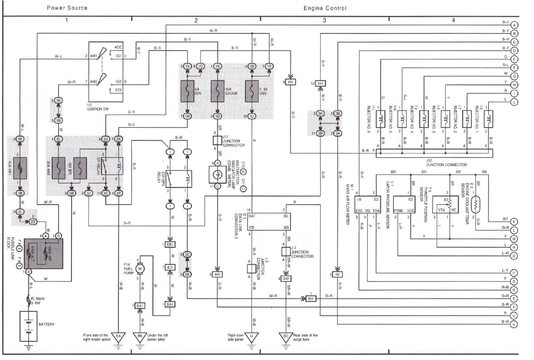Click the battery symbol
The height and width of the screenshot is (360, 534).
29,326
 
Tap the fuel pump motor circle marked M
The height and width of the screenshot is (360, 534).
140,267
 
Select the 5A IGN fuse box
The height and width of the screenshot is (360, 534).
187,90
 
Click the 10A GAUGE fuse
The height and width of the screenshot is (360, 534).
218,90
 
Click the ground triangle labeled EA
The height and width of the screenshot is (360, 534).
118,336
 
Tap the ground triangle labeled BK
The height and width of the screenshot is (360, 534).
140,336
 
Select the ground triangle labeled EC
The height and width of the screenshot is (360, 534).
286,336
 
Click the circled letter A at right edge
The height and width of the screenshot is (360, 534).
514,24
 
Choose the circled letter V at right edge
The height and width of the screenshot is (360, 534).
514,324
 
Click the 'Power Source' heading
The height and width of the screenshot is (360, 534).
67,8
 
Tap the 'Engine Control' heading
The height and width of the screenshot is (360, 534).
325,8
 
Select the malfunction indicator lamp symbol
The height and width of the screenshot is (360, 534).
218,174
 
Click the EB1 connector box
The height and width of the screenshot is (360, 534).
170,245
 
